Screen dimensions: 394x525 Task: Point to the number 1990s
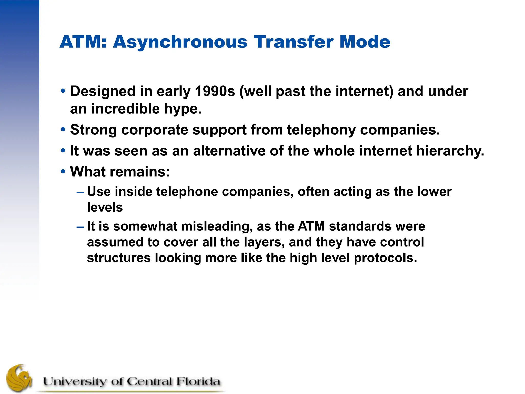point(215,91)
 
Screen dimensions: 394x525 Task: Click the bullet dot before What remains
point(63,171)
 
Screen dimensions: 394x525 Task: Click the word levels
point(105,207)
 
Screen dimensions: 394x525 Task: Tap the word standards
point(360,226)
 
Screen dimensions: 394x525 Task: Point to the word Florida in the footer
point(198,381)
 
